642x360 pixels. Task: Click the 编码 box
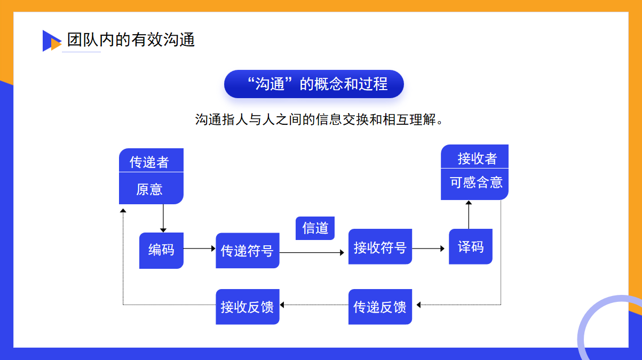point(161,251)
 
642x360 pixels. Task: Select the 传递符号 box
point(247,251)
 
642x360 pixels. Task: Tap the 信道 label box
point(315,228)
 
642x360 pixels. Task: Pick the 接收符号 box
point(380,246)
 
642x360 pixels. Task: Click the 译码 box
point(471,246)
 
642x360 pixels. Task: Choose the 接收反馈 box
point(247,307)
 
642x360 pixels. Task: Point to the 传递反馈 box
point(380,307)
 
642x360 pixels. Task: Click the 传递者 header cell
point(152,160)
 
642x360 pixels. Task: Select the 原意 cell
point(152,188)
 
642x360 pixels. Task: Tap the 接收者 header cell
point(474,156)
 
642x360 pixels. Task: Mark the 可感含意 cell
point(474,184)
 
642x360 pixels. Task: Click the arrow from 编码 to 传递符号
point(200,249)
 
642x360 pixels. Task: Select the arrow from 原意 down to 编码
point(163,218)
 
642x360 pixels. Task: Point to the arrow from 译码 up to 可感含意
point(469,214)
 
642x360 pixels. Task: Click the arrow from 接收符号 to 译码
point(428,249)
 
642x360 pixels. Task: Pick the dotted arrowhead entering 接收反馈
point(282,305)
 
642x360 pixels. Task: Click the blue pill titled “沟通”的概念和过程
point(314,84)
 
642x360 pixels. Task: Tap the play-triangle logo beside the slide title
point(52,41)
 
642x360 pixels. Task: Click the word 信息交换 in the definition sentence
point(342,119)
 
